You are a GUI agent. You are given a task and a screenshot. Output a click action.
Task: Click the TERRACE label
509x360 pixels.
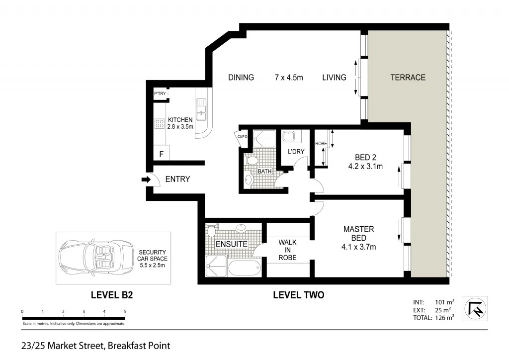pyautogui.click(x=408, y=78)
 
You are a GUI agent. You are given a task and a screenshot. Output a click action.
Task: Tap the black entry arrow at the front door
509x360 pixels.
pyautogui.click(x=146, y=180)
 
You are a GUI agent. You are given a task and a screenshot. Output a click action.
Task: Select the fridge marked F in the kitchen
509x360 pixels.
pyautogui.click(x=161, y=154)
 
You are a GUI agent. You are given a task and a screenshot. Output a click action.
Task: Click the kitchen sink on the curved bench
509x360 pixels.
pyautogui.click(x=201, y=112)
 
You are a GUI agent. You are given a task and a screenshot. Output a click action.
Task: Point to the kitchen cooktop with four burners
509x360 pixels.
pyautogui.click(x=160, y=123)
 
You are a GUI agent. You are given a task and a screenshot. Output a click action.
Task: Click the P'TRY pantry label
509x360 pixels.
pyautogui.click(x=160, y=94)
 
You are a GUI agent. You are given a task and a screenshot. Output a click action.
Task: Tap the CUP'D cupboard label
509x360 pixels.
pyautogui.click(x=243, y=137)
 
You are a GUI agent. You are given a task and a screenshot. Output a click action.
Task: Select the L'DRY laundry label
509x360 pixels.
pyautogui.click(x=296, y=152)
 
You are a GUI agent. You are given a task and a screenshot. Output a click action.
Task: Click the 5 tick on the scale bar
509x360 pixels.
pyautogui.click(x=125, y=312)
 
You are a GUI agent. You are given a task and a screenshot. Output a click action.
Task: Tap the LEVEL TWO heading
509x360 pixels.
pyautogui.click(x=298, y=295)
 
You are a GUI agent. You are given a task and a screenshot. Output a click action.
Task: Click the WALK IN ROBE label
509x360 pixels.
pyautogui.click(x=287, y=250)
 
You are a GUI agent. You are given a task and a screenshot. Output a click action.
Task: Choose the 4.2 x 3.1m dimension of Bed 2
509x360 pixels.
pyautogui.click(x=365, y=167)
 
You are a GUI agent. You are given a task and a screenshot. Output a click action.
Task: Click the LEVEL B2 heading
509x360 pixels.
pyautogui.click(x=112, y=295)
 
